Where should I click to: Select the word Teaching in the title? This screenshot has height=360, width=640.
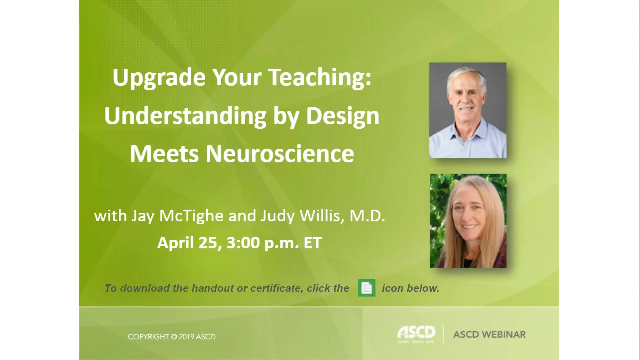[319, 77]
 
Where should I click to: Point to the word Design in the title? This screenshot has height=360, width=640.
[342, 116]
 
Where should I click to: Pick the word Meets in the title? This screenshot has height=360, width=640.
[164, 153]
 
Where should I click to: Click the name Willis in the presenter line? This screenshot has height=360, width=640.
[322, 216]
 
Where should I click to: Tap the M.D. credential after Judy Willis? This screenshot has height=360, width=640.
[367, 216]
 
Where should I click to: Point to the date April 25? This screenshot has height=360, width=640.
[188, 243]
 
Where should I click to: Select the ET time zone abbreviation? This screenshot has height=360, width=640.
[312, 243]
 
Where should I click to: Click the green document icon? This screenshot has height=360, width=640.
[366, 288]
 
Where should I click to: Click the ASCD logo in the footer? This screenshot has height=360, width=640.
[416, 334]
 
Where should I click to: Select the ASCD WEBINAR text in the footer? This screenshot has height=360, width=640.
[489, 334]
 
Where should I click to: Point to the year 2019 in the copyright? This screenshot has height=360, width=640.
[186, 337]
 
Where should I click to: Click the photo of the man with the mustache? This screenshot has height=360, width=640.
[468, 110]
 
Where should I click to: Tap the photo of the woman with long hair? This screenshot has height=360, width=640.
[468, 221]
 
